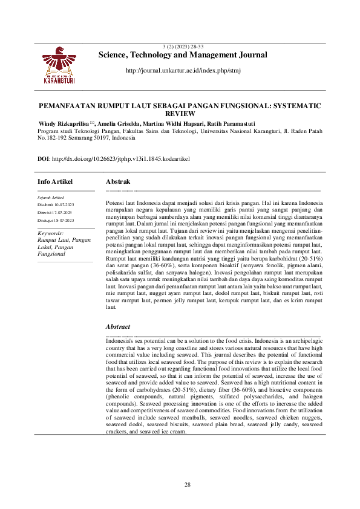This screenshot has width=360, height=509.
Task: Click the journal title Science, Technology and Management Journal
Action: [x=183, y=55]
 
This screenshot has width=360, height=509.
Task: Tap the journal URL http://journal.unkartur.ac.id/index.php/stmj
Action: [x=183, y=71]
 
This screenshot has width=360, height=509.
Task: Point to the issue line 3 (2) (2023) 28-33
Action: [x=183, y=47]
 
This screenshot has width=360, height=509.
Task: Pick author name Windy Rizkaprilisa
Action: [x=63, y=123]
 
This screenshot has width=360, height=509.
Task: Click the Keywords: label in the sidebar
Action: [x=51, y=233]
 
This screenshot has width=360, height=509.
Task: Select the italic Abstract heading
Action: [x=118, y=326]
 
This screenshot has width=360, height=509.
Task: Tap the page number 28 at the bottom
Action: [x=188, y=485]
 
